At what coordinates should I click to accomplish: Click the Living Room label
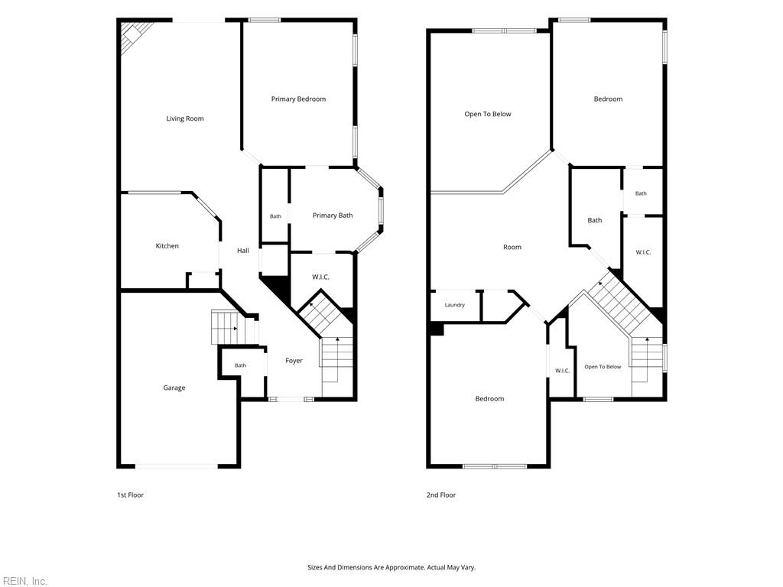pyautogui.click(x=185, y=118)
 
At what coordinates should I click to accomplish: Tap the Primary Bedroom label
pyautogui.click(x=298, y=99)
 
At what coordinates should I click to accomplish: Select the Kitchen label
pyautogui.click(x=167, y=246)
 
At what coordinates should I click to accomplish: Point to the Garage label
pyautogui.click(x=174, y=388)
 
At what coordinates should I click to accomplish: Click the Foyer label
pyautogui.click(x=294, y=361)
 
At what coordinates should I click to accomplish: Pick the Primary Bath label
pyautogui.click(x=333, y=216)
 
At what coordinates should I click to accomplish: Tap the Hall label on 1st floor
pyautogui.click(x=242, y=251)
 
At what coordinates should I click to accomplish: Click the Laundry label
pyautogui.click(x=454, y=305)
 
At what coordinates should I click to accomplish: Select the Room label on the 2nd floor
pyautogui.click(x=512, y=247)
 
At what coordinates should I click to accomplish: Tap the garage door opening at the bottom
pyautogui.click(x=177, y=466)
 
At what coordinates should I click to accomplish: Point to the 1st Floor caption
pyautogui.click(x=130, y=495)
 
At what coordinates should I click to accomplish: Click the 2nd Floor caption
pyautogui.click(x=441, y=495)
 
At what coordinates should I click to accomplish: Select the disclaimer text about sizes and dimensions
pyautogui.click(x=391, y=568)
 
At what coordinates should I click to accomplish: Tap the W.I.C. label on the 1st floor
pyautogui.click(x=320, y=277)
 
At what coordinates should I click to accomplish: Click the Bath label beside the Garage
pyautogui.click(x=240, y=365)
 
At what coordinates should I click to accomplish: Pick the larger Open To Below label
pyautogui.click(x=487, y=115)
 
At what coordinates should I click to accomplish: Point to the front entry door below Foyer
pyautogui.click(x=291, y=399)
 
